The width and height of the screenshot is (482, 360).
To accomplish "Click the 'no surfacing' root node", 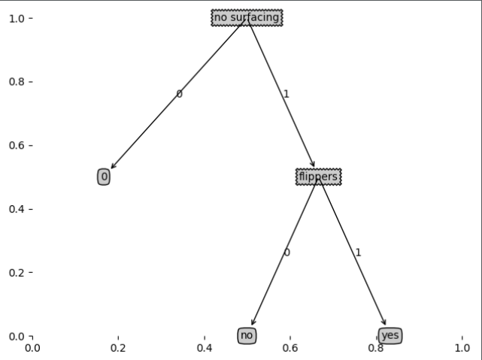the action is point(247,17).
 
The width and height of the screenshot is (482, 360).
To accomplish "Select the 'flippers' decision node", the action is point(318,177).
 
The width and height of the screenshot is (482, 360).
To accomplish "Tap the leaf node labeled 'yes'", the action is point(390,335).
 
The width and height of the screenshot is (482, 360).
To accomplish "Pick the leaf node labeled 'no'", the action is point(247,335).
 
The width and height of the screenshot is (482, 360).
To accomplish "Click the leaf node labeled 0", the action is point(104,177).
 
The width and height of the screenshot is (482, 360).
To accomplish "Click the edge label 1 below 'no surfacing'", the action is point(286,95).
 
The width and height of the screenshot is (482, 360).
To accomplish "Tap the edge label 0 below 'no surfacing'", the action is point(179,94).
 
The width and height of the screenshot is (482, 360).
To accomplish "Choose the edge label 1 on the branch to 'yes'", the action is point(358,253).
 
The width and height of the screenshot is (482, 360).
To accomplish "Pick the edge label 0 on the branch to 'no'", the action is point(286,253).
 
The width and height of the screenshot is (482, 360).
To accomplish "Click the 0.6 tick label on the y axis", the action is point(16,145).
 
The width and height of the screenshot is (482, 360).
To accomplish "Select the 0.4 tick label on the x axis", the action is point(205,348).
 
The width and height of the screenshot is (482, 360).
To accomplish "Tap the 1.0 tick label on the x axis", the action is point(462,348).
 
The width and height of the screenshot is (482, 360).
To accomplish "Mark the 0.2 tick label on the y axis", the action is point(16,272).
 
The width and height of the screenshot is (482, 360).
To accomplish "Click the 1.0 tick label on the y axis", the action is point(16,17).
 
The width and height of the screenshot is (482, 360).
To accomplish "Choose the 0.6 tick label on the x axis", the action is point(290,348).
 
